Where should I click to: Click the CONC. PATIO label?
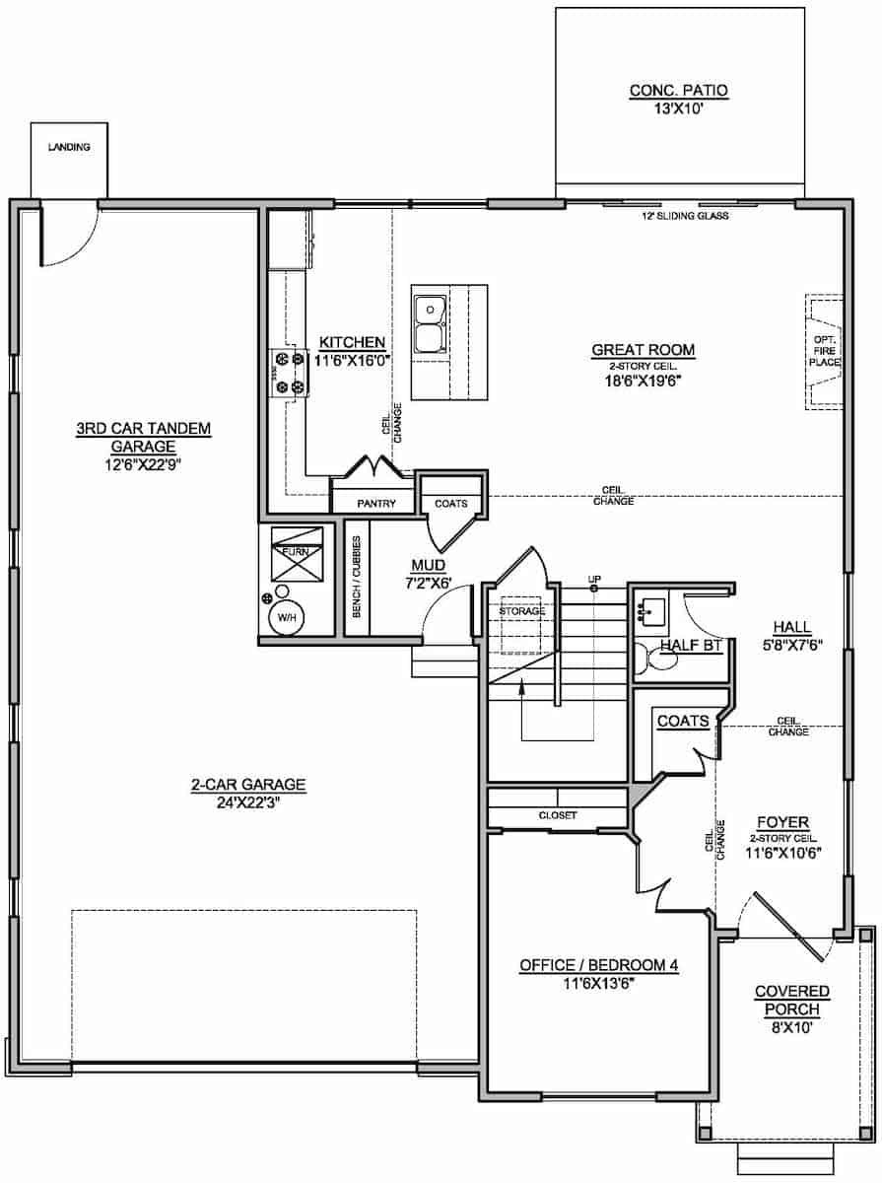[678, 91]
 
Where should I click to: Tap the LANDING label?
[69, 147]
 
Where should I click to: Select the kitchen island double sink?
[429, 323]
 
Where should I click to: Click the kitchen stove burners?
[288, 375]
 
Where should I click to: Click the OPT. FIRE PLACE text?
[824, 350]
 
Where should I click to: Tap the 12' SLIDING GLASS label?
[685, 215]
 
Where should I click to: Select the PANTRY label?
[376, 504]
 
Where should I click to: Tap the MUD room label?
[430, 566]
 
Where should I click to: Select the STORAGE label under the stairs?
[521, 610]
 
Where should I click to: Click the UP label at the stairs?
[594, 579]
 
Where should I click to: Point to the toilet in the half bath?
[654, 658]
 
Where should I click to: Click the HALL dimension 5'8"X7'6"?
[791, 646]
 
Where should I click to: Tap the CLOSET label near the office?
[557, 815]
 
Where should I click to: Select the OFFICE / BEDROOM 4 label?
[598, 965]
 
